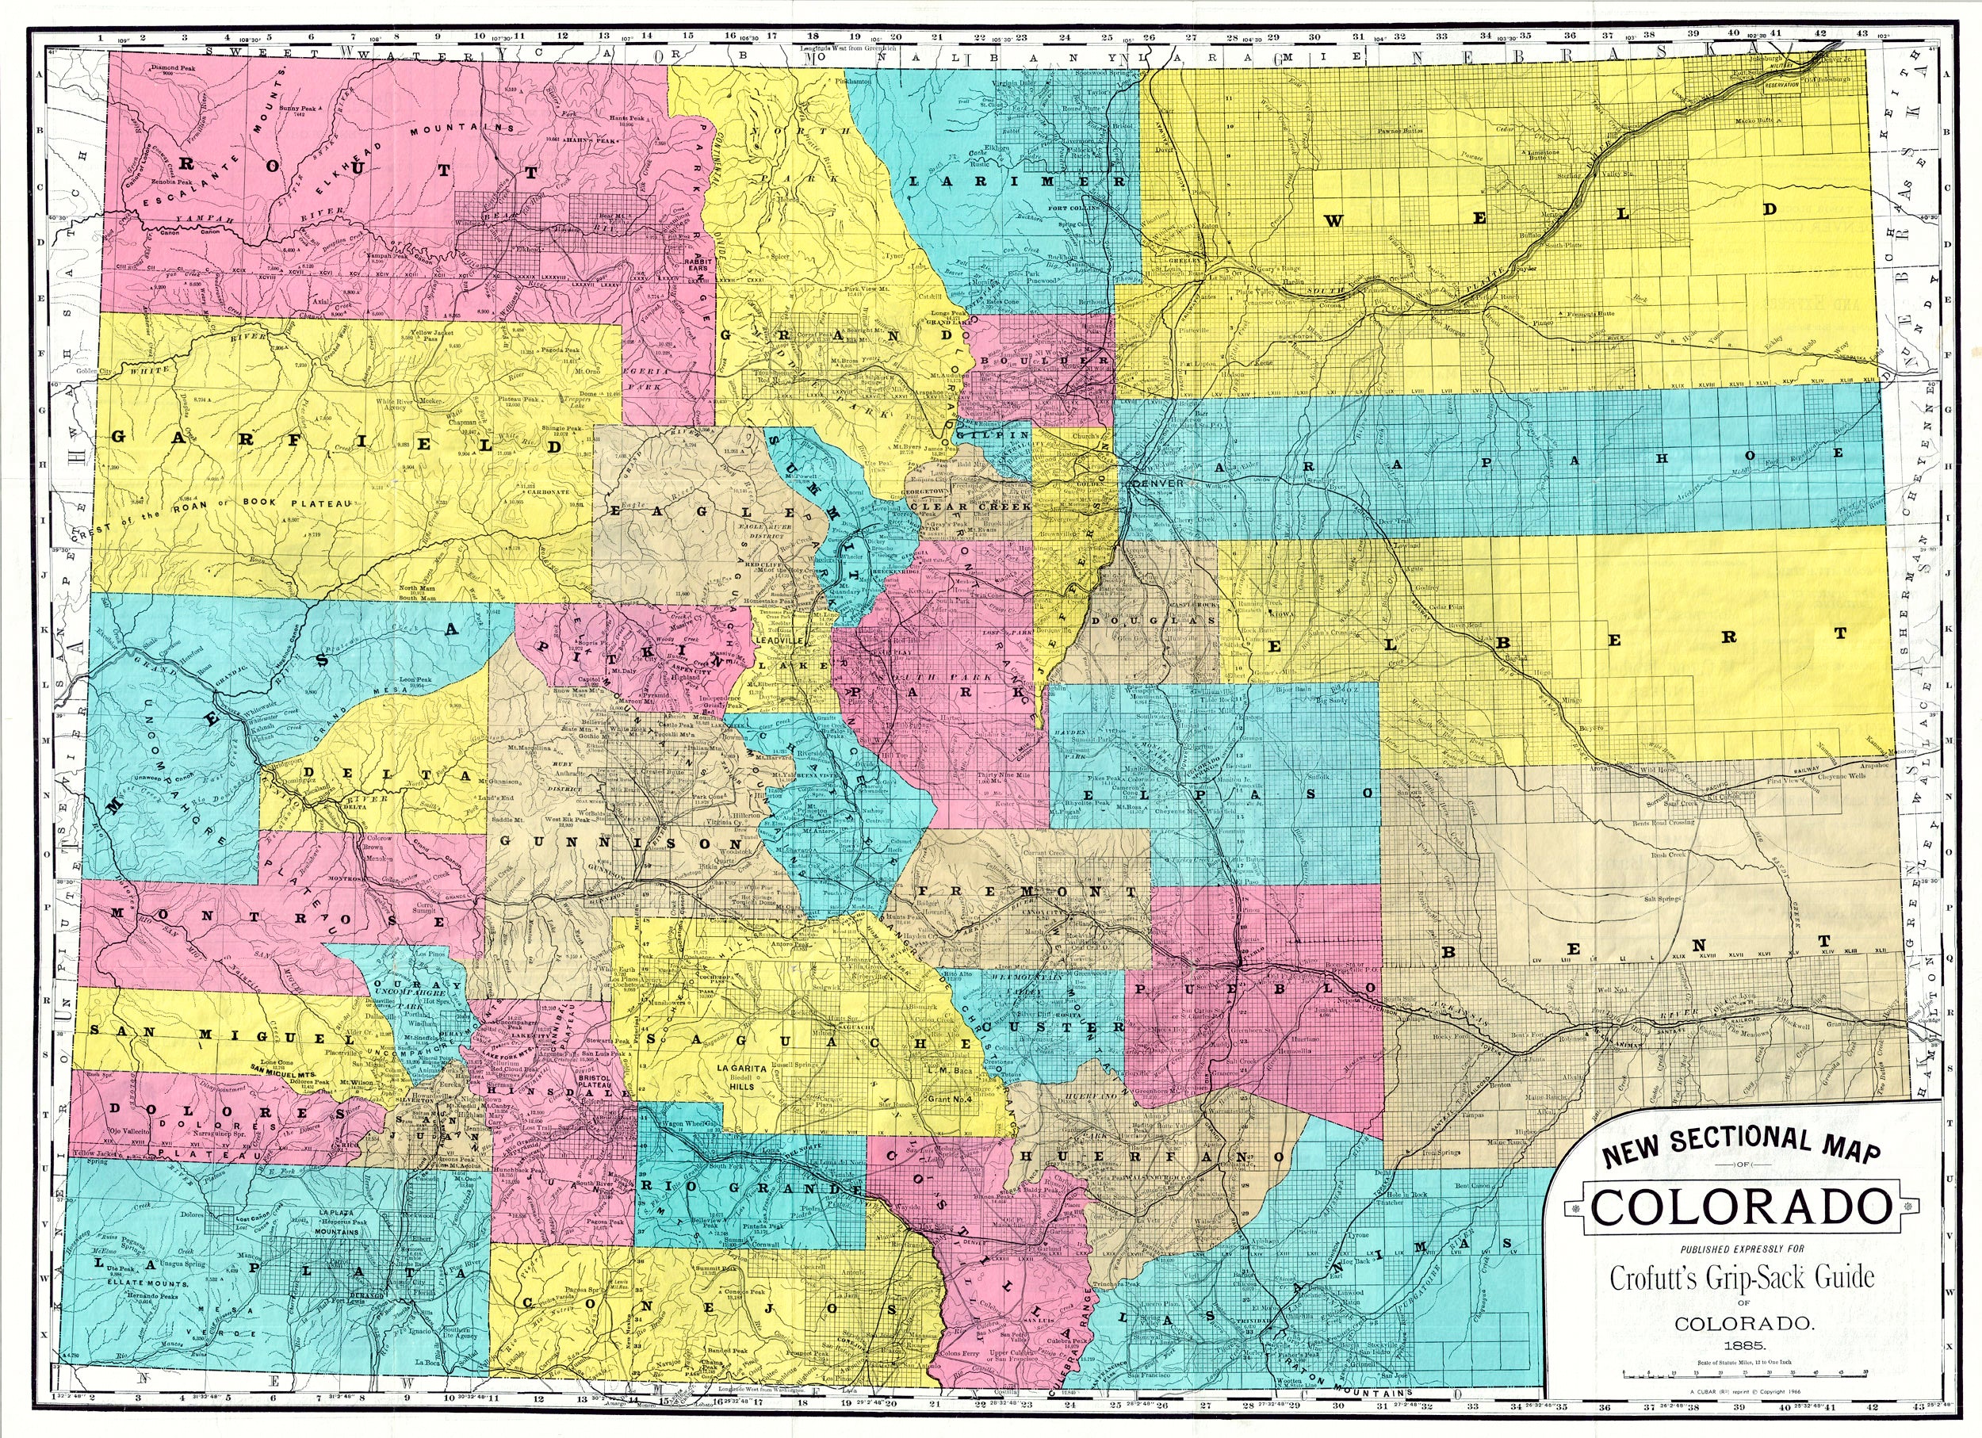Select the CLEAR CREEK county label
coord(970,506)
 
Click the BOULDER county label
coord(1044,360)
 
